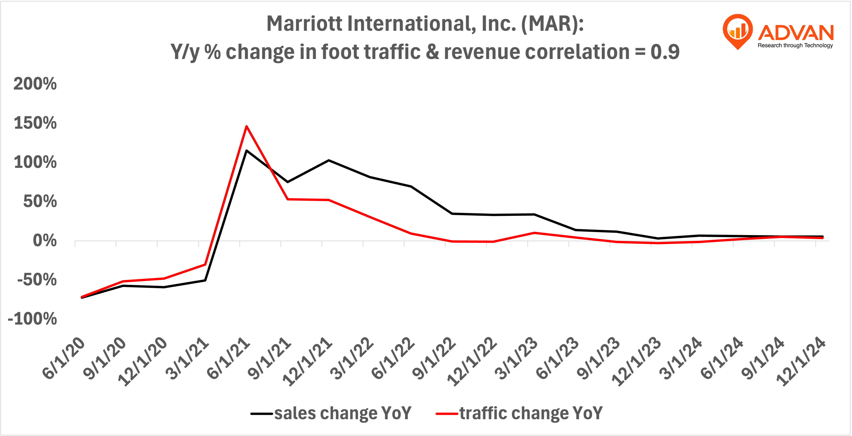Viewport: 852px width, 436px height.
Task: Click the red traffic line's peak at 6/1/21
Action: click(x=246, y=126)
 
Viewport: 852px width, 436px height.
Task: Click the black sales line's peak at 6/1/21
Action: click(x=246, y=151)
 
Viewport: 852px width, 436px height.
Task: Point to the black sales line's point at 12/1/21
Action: click(x=329, y=160)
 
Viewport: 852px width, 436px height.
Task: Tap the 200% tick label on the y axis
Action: click(x=35, y=84)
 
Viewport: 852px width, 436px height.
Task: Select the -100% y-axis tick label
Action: click(x=32, y=319)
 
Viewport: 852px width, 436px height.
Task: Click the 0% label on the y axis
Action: click(x=45, y=241)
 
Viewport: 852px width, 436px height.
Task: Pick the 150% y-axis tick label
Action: click(x=35, y=123)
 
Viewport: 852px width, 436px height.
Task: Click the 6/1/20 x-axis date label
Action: click(x=64, y=358)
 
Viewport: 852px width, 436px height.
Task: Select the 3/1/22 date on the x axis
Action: click(x=352, y=358)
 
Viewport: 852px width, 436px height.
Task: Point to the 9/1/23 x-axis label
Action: click(x=598, y=358)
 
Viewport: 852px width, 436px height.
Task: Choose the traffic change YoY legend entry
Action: click(x=519, y=413)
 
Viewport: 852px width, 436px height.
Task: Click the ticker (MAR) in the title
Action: click(x=552, y=24)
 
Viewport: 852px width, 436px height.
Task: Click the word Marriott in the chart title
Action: click(x=304, y=24)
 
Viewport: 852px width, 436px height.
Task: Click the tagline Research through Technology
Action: click(x=795, y=46)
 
